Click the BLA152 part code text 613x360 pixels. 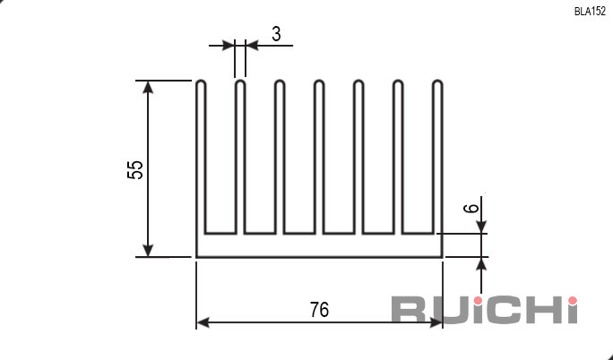[590, 12]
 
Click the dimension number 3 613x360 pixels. [276, 34]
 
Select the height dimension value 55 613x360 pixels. [135, 169]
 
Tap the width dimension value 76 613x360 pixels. [319, 310]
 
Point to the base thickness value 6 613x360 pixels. [471, 208]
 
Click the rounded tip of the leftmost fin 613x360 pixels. [201, 81]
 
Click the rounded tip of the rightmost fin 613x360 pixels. [437, 81]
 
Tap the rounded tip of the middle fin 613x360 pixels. [319, 81]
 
